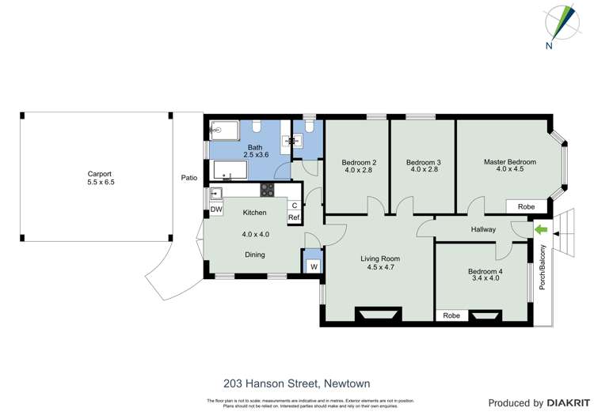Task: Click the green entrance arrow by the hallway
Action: pos(542,230)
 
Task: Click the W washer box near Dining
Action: pos(314,267)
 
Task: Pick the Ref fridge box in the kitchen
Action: pos(294,217)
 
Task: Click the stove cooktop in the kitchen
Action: pos(268,190)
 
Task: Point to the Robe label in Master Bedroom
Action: pos(526,206)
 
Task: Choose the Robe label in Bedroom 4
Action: pos(451,315)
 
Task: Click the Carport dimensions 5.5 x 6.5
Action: pos(100,182)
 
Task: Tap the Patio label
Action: pos(188,178)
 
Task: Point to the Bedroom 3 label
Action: pos(425,162)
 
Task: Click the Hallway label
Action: pos(483,230)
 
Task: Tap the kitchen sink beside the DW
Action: pos(215,193)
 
